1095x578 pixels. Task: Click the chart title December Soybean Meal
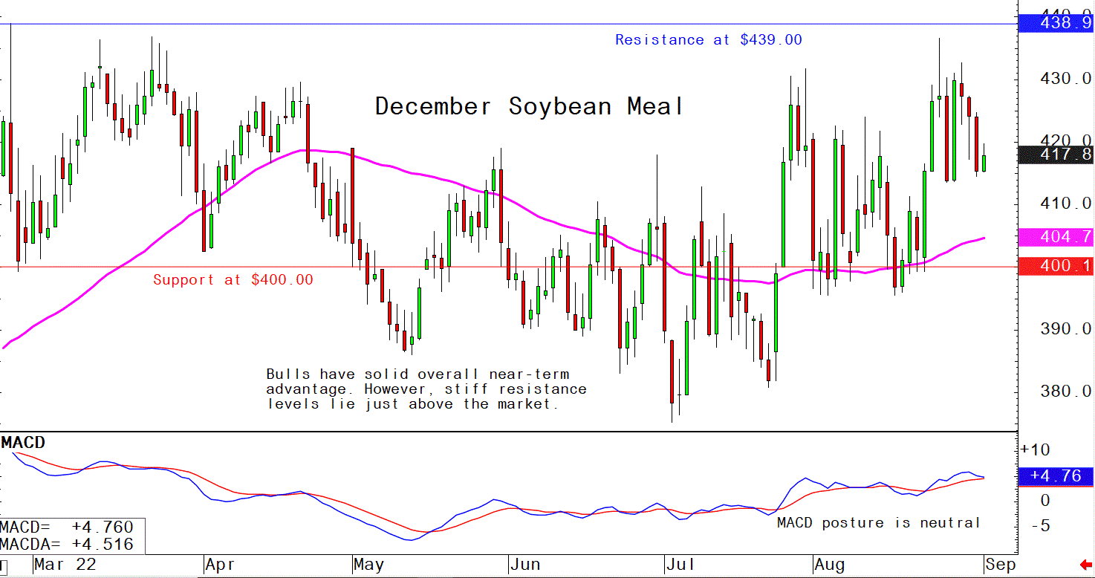tap(528, 106)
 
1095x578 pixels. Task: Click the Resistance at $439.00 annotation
tap(708, 40)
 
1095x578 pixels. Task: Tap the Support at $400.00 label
tap(233, 280)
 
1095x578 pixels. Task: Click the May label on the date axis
tap(369, 565)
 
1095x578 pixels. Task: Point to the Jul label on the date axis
tap(680, 565)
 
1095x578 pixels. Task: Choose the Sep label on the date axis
tap(1000, 565)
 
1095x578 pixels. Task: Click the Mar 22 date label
tap(65, 565)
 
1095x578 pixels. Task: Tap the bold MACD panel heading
tap(23, 443)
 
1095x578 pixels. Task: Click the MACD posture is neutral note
tap(878, 523)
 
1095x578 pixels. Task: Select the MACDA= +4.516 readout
tap(67, 545)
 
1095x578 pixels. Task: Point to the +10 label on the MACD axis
tap(1036, 450)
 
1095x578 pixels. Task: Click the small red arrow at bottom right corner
tap(1085, 566)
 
